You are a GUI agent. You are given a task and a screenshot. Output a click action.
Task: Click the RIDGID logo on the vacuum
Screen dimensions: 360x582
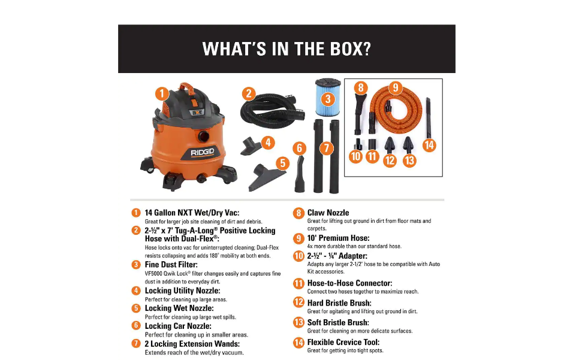tap(203, 152)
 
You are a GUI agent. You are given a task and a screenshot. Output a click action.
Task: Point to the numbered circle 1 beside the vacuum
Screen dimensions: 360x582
tap(161, 94)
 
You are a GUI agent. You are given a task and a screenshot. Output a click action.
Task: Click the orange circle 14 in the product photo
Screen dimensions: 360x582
tap(429, 144)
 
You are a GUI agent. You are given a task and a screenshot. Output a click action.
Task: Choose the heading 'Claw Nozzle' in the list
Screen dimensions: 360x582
tap(328, 213)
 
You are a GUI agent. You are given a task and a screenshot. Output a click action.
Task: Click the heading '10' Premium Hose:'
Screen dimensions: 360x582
tap(338, 238)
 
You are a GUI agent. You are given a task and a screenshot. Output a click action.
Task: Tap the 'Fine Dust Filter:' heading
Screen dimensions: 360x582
tap(171, 264)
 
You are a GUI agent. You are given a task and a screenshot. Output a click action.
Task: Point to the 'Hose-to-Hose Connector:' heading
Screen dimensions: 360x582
tap(349, 283)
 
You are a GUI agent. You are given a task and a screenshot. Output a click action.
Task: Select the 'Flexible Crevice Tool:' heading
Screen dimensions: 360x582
tap(343, 343)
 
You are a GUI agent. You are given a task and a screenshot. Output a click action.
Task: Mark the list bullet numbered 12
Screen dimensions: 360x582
tap(298, 303)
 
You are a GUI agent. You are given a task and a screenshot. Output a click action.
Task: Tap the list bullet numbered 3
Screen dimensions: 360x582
tap(136, 264)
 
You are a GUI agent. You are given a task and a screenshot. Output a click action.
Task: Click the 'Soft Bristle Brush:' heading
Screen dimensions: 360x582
tap(338, 323)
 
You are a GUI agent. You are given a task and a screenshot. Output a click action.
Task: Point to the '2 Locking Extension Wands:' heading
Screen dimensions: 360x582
tap(192, 344)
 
